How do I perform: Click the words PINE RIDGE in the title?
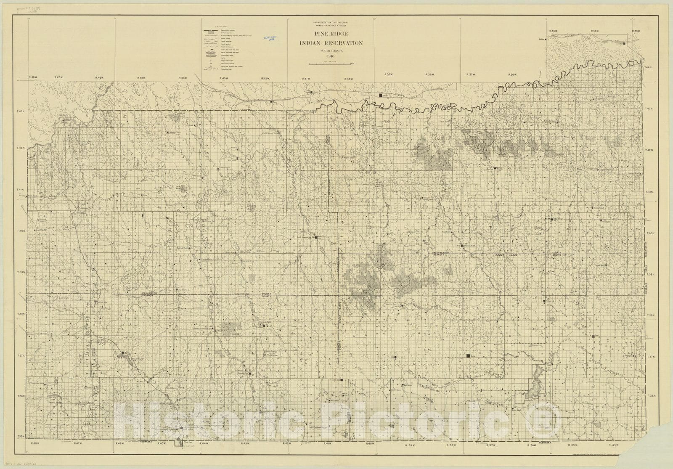(x=331, y=34)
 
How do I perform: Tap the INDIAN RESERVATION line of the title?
(x=331, y=43)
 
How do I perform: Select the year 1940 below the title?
(x=331, y=57)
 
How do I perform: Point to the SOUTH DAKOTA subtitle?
(x=331, y=51)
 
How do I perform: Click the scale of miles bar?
(x=331, y=64)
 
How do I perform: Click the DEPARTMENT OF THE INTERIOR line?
(x=331, y=21)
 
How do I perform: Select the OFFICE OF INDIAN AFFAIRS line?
(x=331, y=25)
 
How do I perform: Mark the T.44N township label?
(x=648, y=68)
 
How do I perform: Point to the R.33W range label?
(x=636, y=31)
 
